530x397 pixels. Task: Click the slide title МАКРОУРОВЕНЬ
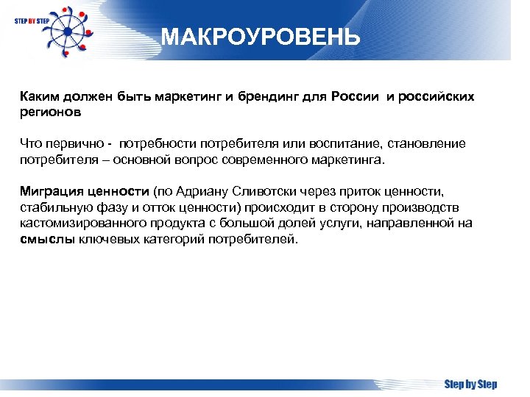point(261,37)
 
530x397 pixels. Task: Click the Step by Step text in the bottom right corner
point(470,384)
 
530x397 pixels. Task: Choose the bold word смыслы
point(44,238)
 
